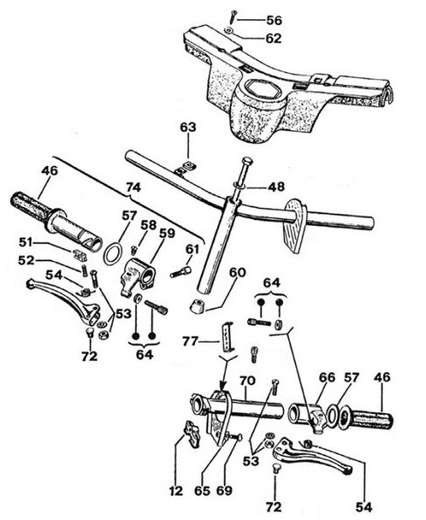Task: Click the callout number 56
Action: (274, 20)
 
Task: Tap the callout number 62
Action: (274, 38)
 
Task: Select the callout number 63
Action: (188, 127)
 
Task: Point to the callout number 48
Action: (276, 187)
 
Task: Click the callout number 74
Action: (133, 187)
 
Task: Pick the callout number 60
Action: (238, 272)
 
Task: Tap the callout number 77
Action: (190, 341)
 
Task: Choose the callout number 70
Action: (247, 380)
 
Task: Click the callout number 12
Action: (176, 491)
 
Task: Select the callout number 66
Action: (328, 377)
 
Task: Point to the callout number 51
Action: (25, 243)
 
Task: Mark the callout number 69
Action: (224, 490)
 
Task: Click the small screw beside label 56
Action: (233, 17)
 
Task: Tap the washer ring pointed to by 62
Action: (228, 30)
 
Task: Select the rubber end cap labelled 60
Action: (197, 305)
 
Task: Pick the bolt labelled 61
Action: (181, 272)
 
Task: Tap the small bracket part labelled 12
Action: (192, 433)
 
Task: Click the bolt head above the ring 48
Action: (247, 162)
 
